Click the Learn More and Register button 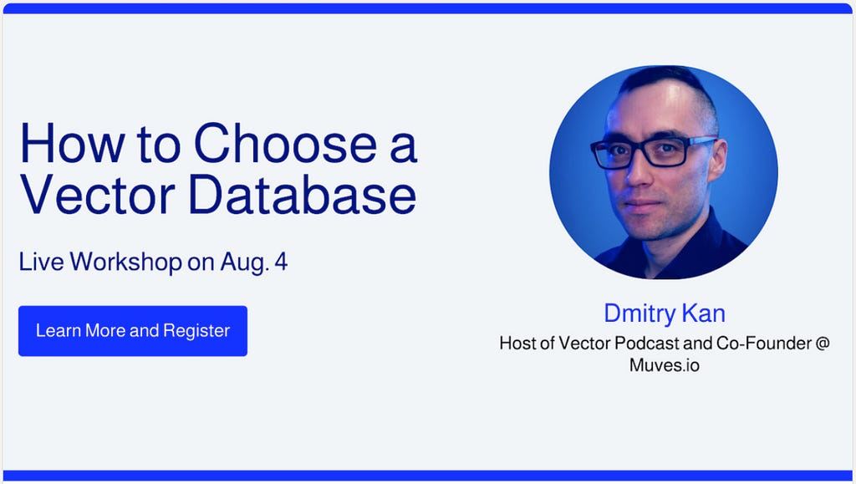[x=133, y=331]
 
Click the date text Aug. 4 [x=254, y=262]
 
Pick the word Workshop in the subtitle [x=125, y=262]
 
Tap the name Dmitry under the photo [x=637, y=313]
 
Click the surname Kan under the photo [x=703, y=313]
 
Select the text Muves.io [x=665, y=365]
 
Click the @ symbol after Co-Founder [x=822, y=344]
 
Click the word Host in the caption [x=518, y=344]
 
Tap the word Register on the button [x=196, y=331]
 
